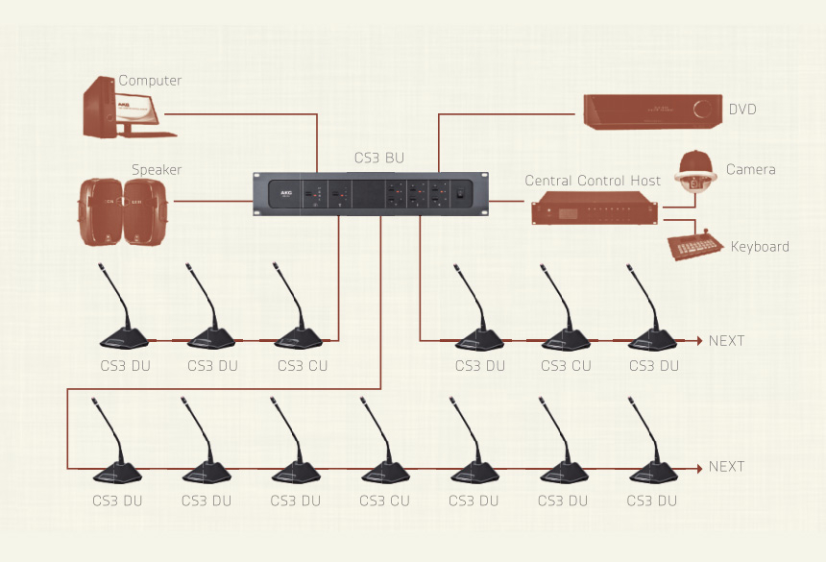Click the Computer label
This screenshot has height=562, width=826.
150,81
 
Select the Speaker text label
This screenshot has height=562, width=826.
157,170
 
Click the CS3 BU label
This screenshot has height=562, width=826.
379,158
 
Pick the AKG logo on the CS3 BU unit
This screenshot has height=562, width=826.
284,193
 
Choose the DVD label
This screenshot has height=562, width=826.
742,110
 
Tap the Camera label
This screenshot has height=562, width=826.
751,170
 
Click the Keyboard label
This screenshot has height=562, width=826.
760,247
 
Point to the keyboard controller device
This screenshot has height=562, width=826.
694,246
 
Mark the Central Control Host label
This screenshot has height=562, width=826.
593,181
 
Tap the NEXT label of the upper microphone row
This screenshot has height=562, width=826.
727,341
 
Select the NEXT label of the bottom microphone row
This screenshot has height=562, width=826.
727,467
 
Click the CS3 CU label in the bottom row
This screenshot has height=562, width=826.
384,501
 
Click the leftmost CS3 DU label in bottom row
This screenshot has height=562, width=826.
117,501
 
